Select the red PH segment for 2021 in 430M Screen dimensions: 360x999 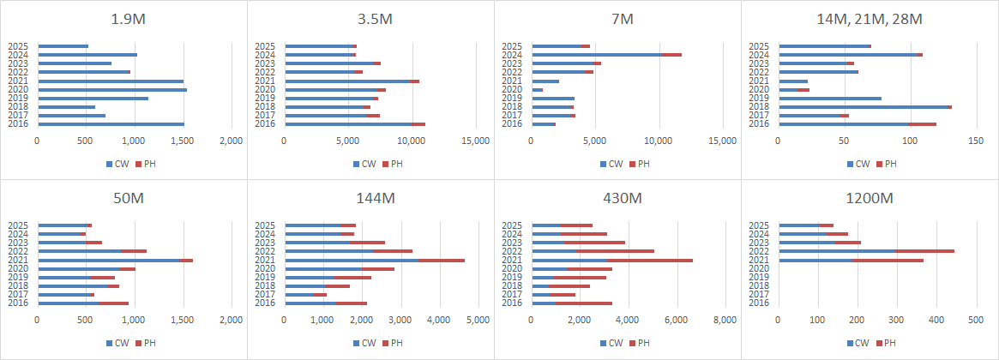(x=649, y=260)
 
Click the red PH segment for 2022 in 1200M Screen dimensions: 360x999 (x=924, y=251)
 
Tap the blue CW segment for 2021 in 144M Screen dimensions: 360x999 (x=351, y=260)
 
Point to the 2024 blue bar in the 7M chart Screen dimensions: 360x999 (x=595, y=55)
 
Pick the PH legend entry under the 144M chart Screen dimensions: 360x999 (x=393, y=342)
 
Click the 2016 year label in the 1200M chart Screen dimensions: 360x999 (x=759, y=303)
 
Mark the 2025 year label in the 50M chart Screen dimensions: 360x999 (x=18, y=225)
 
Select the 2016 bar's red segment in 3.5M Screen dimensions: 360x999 (x=418, y=124)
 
